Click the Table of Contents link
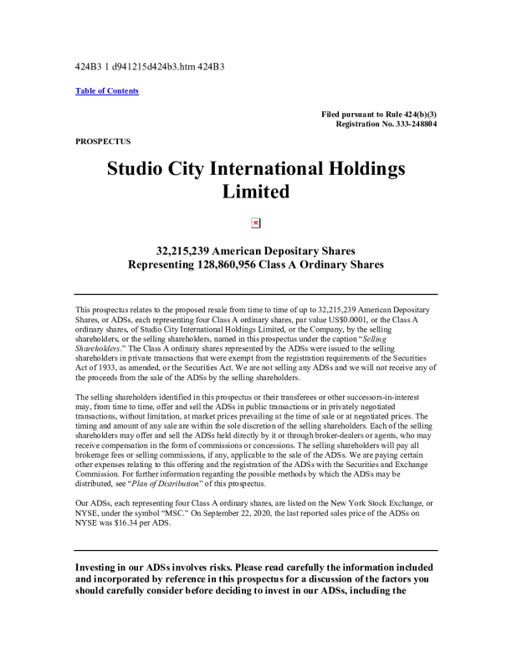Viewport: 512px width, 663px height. coord(107,90)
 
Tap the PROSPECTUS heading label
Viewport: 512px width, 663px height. coord(103,141)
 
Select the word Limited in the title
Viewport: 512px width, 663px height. coord(256,192)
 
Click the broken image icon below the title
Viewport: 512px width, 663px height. coord(256,223)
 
